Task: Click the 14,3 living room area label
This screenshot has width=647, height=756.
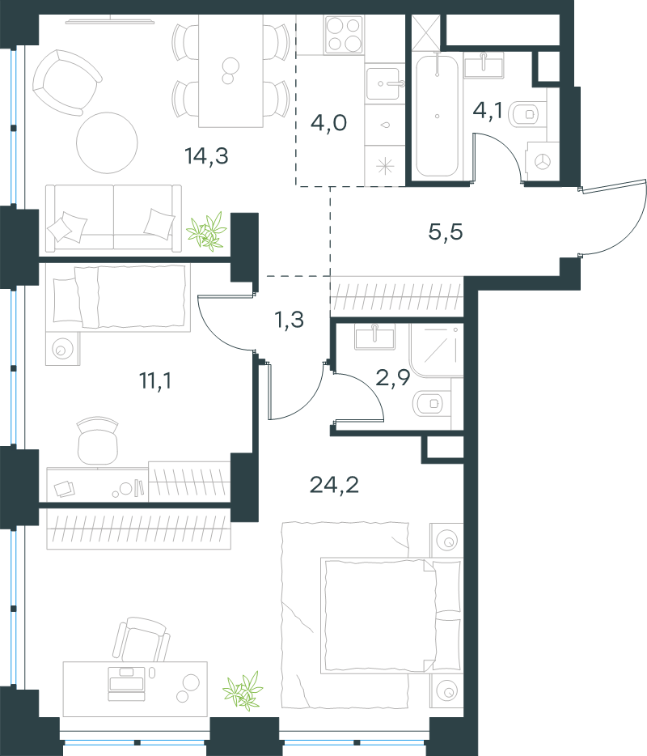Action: tap(206, 155)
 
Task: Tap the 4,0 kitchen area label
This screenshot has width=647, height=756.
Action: tap(328, 123)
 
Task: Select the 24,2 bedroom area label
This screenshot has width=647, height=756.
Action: tap(334, 485)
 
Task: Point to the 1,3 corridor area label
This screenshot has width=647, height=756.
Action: tap(289, 320)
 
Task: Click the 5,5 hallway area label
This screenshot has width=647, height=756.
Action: tap(446, 232)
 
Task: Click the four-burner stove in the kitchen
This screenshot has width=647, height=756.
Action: tap(344, 35)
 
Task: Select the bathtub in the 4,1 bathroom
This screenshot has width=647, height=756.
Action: tap(437, 116)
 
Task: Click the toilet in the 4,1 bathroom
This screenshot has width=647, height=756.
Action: tap(527, 114)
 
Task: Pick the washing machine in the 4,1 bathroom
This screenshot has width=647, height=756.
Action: tap(543, 162)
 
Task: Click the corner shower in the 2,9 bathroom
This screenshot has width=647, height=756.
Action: tap(437, 350)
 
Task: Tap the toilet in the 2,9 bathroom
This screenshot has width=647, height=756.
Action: tap(432, 403)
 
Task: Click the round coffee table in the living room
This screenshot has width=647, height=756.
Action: tap(107, 142)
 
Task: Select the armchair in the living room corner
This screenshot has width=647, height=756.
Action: tap(66, 83)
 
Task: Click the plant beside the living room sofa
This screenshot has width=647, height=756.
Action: tap(207, 231)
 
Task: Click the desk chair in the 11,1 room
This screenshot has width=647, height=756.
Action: tap(98, 440)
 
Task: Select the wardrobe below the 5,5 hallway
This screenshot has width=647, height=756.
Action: tap(396, 296)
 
